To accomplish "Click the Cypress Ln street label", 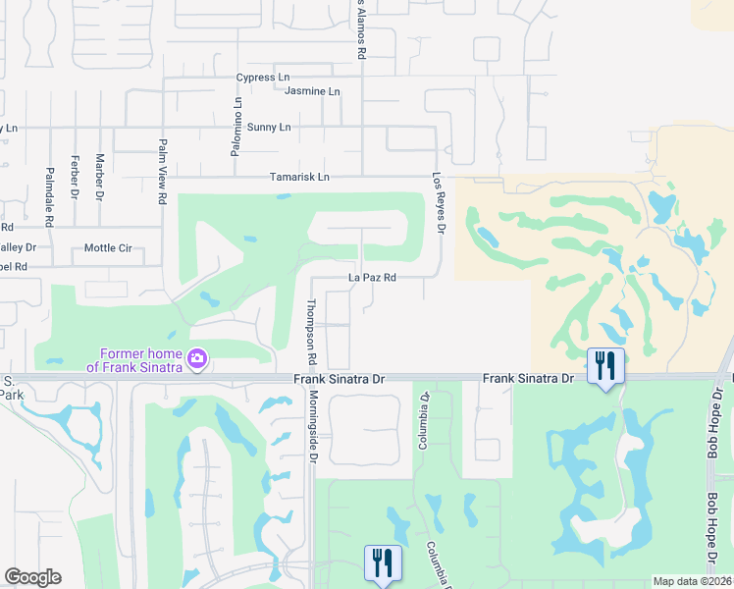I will click(263, 78).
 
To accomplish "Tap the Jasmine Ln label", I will click(312, 91).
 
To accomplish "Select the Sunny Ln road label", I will click(269, 128).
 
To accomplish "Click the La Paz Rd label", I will click(372, 278).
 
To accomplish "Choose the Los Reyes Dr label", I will click(440, 204).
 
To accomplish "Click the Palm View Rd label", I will click(162, 171).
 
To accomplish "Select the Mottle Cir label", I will click(108, 248).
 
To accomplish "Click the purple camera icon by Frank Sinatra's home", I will click(197, 358).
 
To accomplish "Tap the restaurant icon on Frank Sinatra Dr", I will click(605, 366).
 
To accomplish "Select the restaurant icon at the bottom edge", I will click(382, 563).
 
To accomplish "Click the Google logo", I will click(32, 577).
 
